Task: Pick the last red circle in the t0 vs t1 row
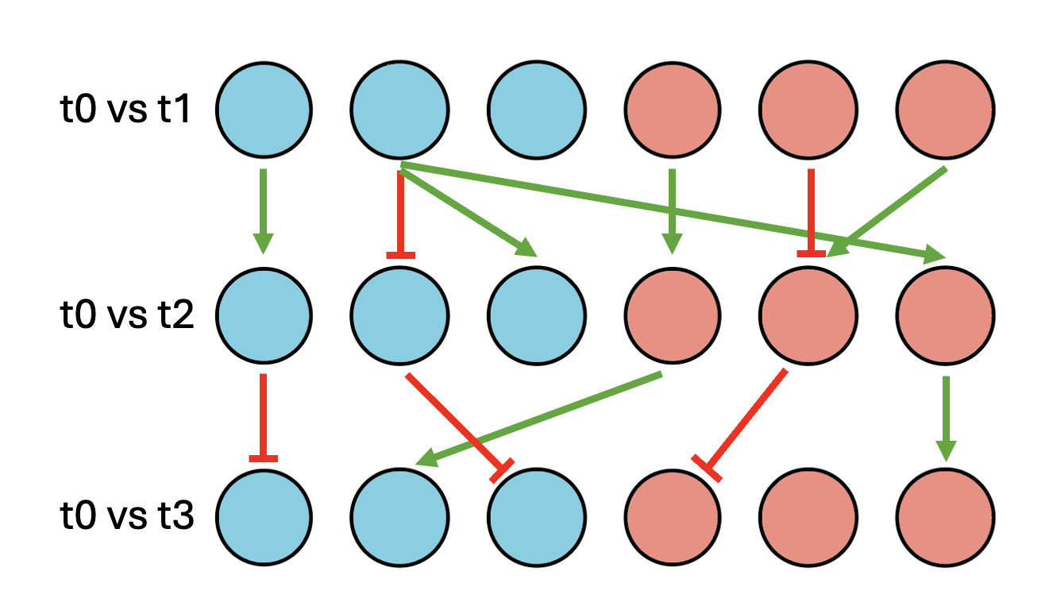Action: (944, 109)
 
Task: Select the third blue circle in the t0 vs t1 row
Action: (537, 109)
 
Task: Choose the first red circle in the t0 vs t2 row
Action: (673, 315)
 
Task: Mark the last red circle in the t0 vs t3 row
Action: (944, 518)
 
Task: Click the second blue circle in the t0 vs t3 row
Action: (400, 518)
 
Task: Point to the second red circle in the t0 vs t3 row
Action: (808, 518)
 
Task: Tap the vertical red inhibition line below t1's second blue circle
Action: (400, 210)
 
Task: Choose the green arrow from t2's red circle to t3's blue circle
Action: (540, 417)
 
